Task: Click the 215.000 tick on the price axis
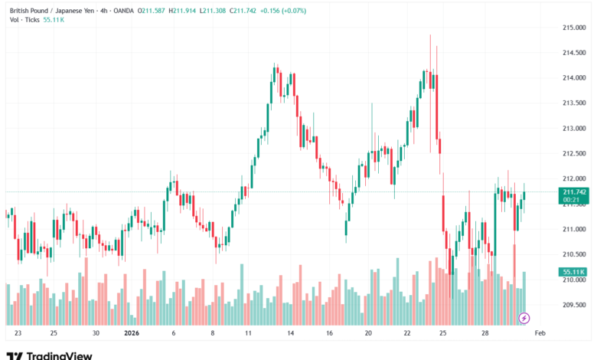pyautogui.click(x=574, y=28)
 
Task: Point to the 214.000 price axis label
pyautogui.click(x=574, y=78)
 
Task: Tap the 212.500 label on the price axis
pyautogui.click(x=574, y=154)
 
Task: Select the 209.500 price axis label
pyautogui.click(x=574, y=305)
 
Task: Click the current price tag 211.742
pyautogui.click(x=574, y=191)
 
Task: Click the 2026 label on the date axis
pyautogui.click(x=132, y=334)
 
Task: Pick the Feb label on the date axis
pyautogui.click(x=540, y=334)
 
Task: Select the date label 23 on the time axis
pyautogui.click(x=18, y=334)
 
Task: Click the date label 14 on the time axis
pyautogui.click(x=291, y=334)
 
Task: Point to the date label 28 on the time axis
pyautogui.click(x=485, y=334)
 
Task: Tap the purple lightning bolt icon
pyautogui.click(x=524, y=317)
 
